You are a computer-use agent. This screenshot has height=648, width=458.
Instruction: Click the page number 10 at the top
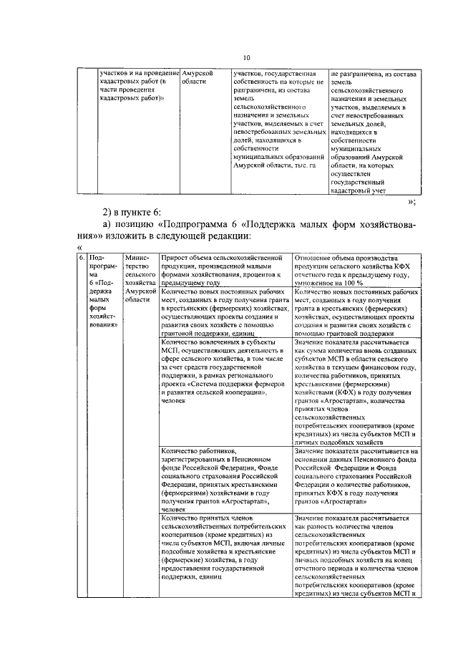[x=247, y=58]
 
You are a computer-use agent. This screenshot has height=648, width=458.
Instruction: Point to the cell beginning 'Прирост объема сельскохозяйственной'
[x=226, y=269]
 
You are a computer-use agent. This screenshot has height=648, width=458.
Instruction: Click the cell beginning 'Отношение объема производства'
[x=356, y=269]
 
